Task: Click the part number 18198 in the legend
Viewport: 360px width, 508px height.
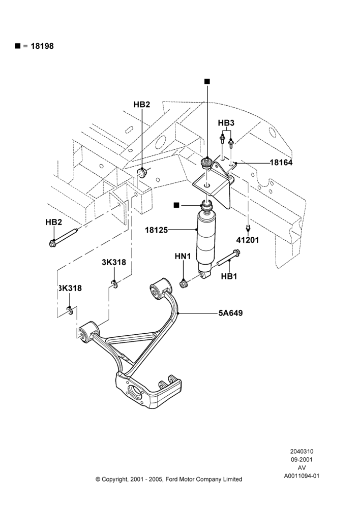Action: pyautogui.click(x=42, y=46)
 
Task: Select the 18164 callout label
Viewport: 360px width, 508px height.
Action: pyautogui.click(x=281, y=163)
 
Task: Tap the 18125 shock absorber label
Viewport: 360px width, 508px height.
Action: pyautogui.click(x=156, y=230)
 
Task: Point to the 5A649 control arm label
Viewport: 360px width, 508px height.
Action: pyautogui.click(x=231, y=313)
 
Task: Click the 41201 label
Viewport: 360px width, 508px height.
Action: pyautogui.click(x=248, y=240)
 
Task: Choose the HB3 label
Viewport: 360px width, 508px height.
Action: pyautogui.click(x=226, y=123)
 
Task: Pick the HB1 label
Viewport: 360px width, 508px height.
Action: pyautogui.click(x=229, y=276)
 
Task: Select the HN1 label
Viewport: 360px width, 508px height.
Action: pyautogui.click(x=183, y=256)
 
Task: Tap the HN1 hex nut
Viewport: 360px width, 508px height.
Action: pyautogui.click(x=184, y=284)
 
